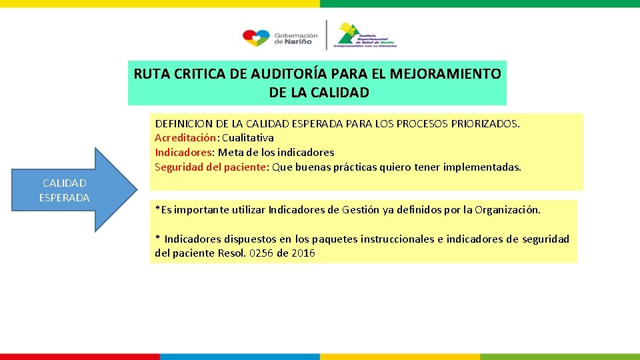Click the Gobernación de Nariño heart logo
tap(255, 38)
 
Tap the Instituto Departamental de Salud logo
tap(366, 35)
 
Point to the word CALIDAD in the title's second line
tap(339, 93)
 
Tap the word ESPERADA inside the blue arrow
tap(64, 197)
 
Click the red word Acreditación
tap(185, 138)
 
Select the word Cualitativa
tap(247, 138)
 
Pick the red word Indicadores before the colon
tap(181, 152)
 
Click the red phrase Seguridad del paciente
tap(210, 167)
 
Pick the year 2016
tap(303, 253)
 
